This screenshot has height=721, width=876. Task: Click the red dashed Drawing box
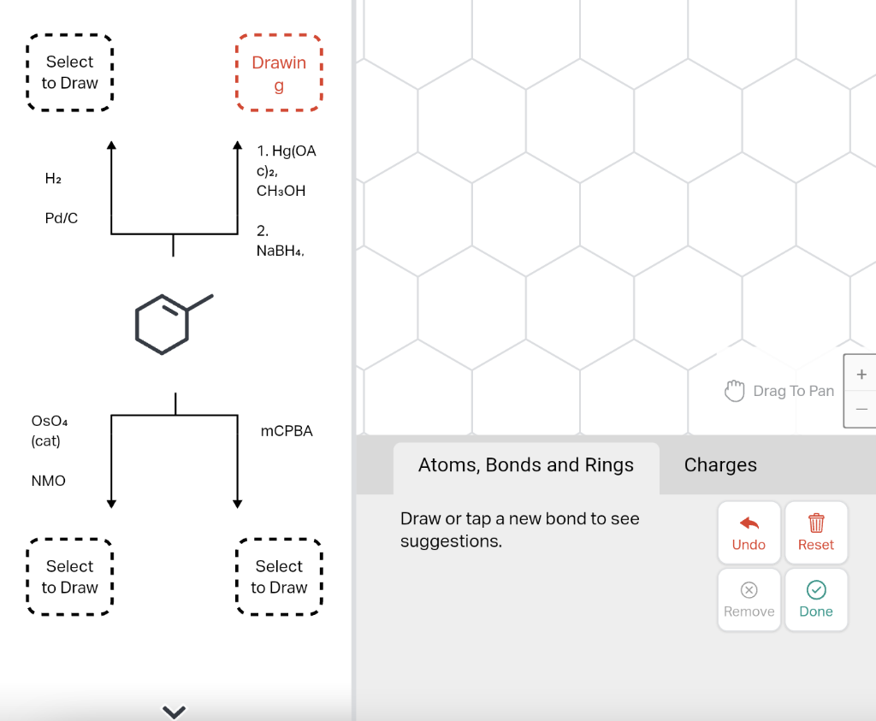pyautogui.click(x=279, y=73)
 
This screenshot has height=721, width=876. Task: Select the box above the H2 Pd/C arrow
pyautogui.click(x=70, y=73)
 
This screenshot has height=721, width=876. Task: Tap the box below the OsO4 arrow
pyautogui.click(x=70, y=576)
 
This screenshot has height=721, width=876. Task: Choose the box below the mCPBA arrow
pyautogui.click(x=279, y=576)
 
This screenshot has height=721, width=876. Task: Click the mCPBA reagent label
pyautogui.click(x=287, y=431)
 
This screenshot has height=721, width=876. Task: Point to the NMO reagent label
pyautogui.click(x=49, y=481)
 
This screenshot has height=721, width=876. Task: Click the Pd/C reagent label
pyautogui.click(x=62, y=218)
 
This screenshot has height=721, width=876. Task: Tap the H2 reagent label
pyautogui.click(x=53, y=179)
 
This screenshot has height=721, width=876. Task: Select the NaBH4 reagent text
pyautogui.click(x=280, y=251)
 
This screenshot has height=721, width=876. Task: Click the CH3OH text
pyautogui.click(x=281, y=191)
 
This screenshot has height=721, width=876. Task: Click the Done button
pyautogui.click(x=816, y=600)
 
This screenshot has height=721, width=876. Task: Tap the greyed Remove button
pyautogui.click(x=749, y=600)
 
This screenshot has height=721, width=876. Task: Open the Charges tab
pyautogui.click(x=720, y=465)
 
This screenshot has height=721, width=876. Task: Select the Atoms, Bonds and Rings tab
pyautogui.click(x=526, y=465)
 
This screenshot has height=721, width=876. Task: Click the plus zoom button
pyautogui.click(x=861, y=375)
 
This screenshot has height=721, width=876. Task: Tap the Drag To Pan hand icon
pyautogui.click(x=735, y=391)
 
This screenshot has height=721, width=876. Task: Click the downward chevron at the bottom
pyautogui.click(x=174, y=711)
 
